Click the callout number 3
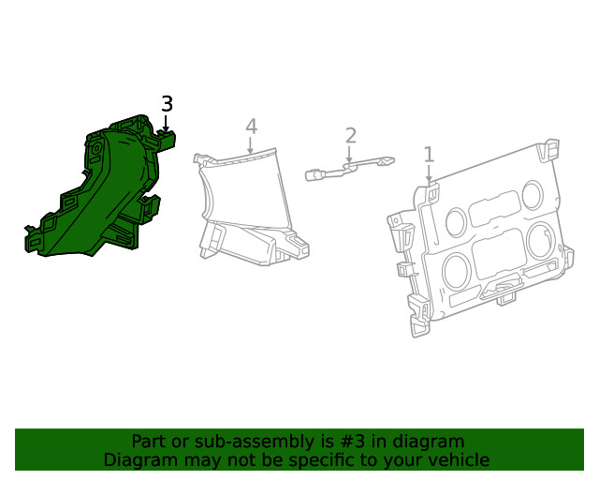point(167,104)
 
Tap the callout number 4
point(251,127)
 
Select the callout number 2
point(350,136)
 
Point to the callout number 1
point(429,154)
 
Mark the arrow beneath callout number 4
point(251,145)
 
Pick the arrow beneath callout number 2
point(350,156)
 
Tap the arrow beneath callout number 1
point(429,174)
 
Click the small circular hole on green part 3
point(95,149)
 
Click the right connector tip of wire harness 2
point(387,162)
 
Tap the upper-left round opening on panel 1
point(456,222)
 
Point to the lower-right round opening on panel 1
point(540,239)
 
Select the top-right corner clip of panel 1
point(552,148)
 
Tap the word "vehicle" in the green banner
point(454,460)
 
